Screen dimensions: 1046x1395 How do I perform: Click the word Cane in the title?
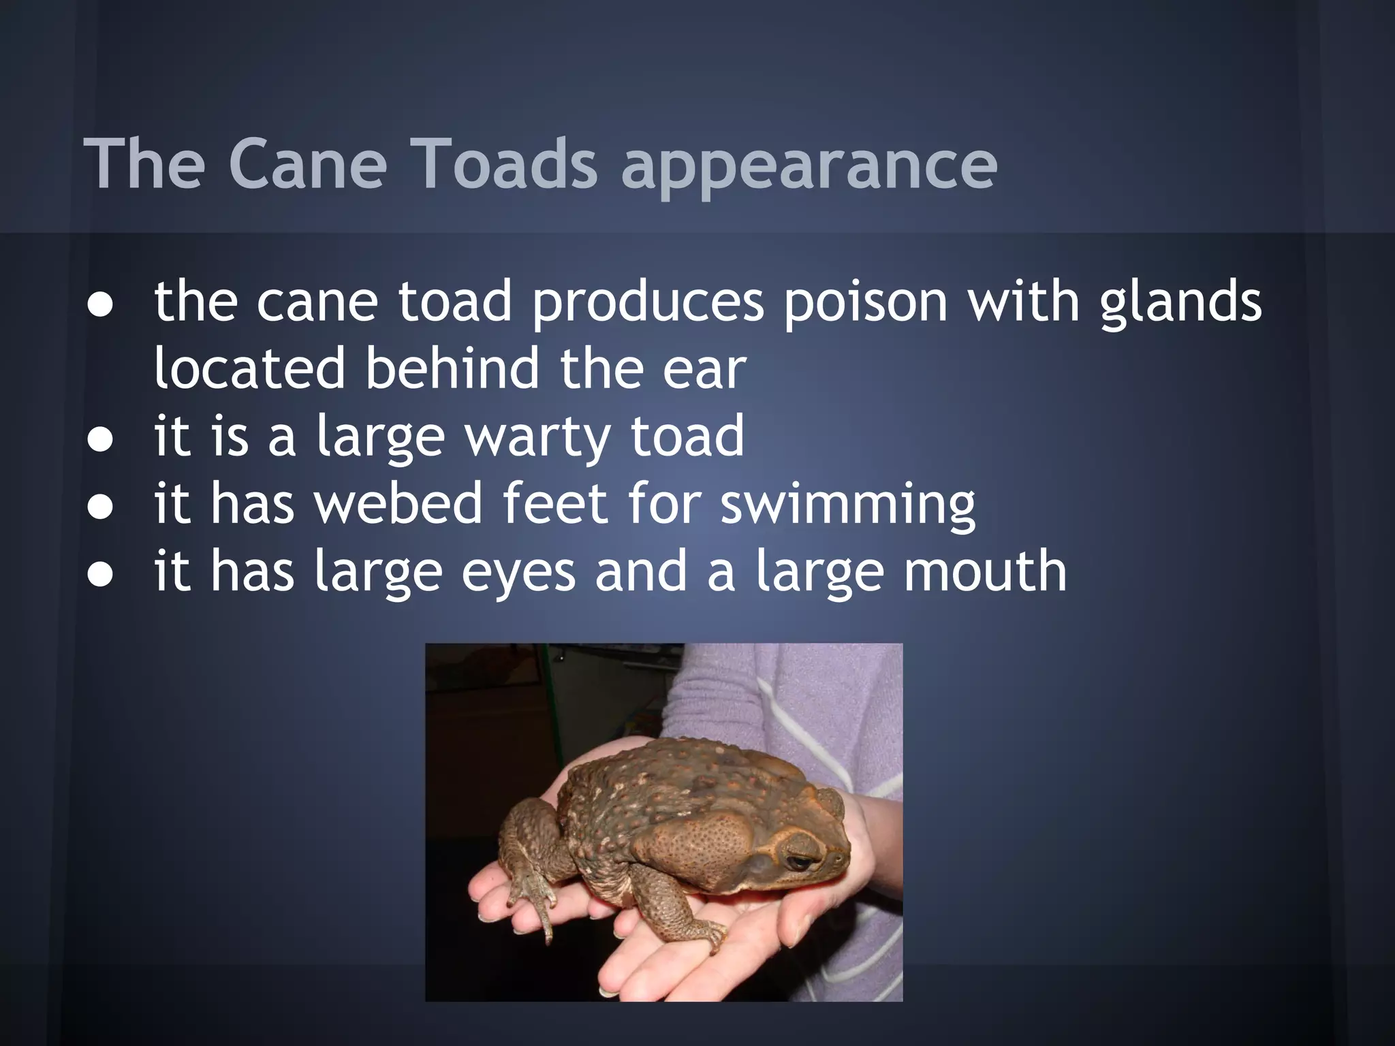click(307, 164)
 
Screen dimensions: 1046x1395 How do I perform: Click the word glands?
click(1180, 302)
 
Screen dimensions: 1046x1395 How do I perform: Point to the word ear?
click(704, 369)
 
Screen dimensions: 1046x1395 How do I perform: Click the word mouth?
click(985, 571)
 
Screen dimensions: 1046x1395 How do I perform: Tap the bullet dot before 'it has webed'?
click(100, 508)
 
